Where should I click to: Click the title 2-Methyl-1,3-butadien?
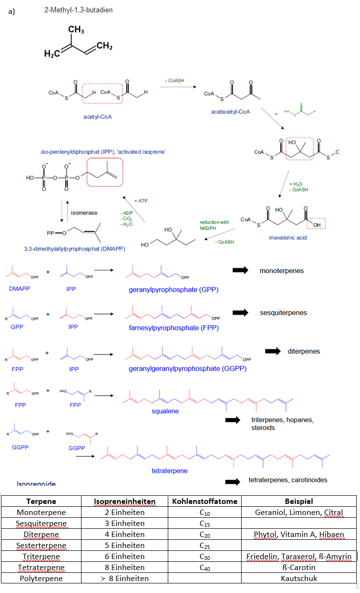coord(78,10)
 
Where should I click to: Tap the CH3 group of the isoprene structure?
coord(76,30)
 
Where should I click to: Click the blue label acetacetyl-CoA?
coord(230,112)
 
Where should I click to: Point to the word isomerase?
coord(84,212)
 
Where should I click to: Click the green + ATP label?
coord(141,201)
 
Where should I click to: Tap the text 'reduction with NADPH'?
coord(214,226)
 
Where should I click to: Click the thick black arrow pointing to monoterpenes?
coord(240,271)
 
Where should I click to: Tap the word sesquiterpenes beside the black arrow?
coord(283,313)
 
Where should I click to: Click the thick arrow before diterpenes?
coord(272,351)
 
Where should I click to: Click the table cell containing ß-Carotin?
coord(299,567)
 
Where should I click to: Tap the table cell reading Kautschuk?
coord(299,578)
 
